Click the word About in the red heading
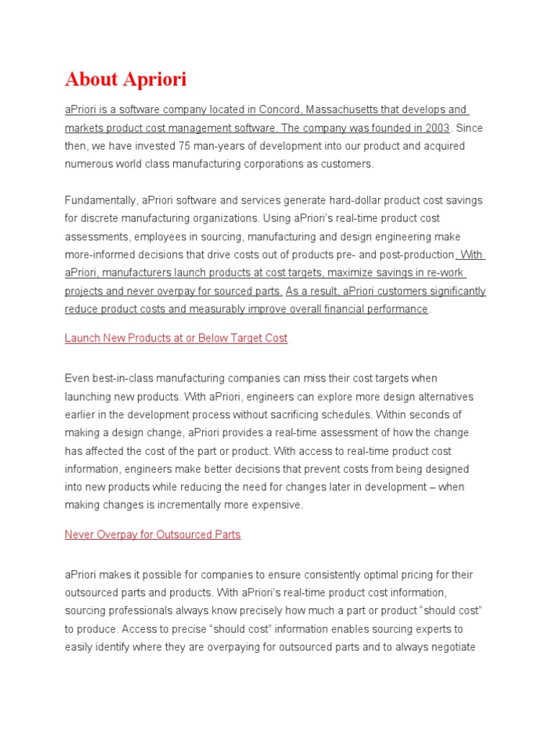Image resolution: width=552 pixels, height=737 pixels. coord(91,80)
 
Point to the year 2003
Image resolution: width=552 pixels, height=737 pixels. coord(436,128)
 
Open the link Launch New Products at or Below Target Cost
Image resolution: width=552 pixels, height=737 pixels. coord(176,338)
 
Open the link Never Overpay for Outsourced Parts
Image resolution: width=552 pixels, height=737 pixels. coord(152,535)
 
